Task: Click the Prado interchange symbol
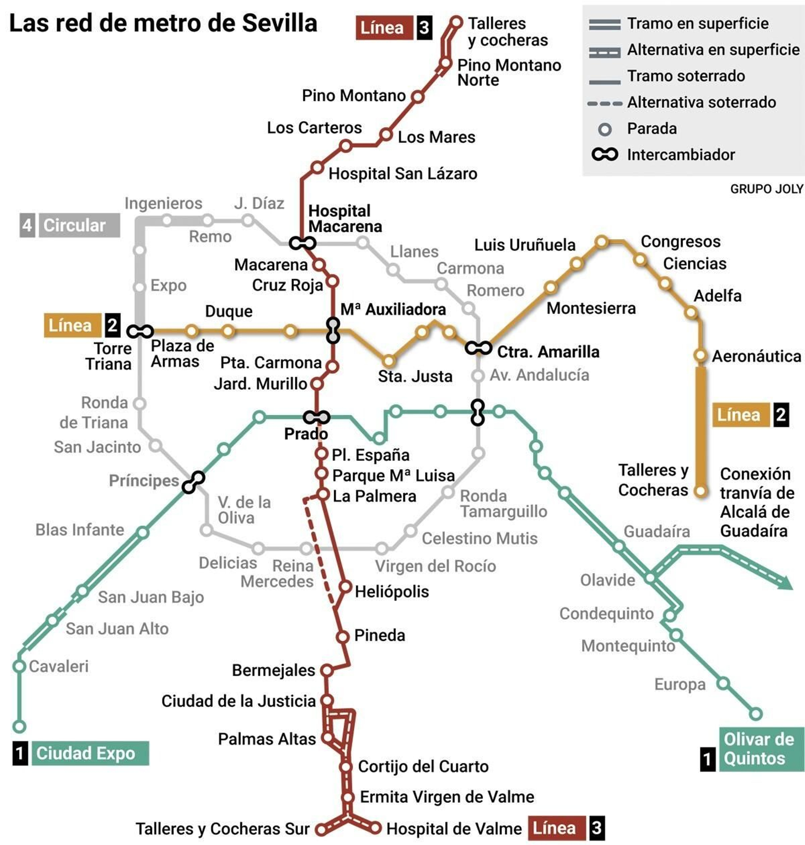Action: click(316, 417)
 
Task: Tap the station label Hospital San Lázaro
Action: click(403, 174)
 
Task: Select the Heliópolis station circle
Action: click(345, 587)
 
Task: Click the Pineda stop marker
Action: click(343, 637)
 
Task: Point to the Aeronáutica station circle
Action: click(700, 355)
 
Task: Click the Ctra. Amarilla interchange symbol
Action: click(478, 348)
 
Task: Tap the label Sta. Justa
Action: click(415, 376)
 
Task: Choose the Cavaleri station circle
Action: click(19, 666)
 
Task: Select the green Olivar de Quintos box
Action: click(761, 749)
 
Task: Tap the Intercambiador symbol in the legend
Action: click(605, 154)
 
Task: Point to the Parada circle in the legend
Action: click(605, 129)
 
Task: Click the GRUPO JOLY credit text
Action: click(766, 189)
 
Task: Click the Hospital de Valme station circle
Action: click(375, 827)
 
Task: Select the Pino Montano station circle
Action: click(417, 97)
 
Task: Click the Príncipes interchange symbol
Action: click(193, 482)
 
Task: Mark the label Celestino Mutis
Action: click(479, 539)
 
